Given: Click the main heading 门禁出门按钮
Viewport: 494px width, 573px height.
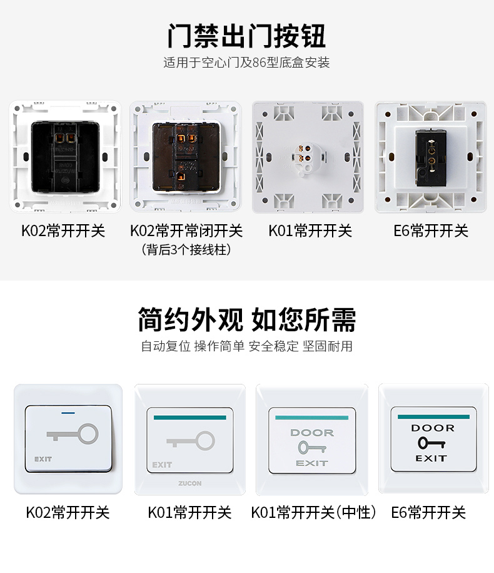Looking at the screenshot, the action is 246,36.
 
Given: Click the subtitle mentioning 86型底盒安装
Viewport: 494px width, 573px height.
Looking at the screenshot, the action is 246,63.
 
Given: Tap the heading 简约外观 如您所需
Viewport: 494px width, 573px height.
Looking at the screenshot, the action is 247,319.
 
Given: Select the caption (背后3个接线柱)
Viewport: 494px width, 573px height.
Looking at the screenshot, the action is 186,250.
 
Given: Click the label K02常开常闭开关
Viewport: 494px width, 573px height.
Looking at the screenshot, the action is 186,231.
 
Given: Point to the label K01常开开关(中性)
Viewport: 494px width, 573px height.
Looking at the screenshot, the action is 313,512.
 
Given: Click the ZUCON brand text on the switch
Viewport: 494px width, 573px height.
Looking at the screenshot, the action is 189,483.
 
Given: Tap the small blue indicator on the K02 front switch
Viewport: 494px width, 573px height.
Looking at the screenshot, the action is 68,413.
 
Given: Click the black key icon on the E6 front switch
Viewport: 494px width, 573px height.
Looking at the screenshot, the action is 431,443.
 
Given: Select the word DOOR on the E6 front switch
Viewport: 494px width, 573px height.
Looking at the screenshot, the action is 433,428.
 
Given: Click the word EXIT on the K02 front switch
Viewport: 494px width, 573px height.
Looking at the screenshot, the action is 43,459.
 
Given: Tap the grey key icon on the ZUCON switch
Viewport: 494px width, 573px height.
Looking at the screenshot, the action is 191,441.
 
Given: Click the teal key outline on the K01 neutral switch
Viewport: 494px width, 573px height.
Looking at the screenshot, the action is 312,447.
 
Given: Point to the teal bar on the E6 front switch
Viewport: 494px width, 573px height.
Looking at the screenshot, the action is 433,416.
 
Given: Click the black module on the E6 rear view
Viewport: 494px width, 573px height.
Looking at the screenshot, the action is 431,158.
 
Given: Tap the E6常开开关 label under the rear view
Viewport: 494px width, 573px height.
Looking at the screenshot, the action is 431,231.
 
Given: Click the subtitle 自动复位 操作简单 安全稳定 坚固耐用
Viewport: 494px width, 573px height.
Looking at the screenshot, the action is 247,346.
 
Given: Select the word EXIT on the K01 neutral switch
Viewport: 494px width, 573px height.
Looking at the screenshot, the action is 312,463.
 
